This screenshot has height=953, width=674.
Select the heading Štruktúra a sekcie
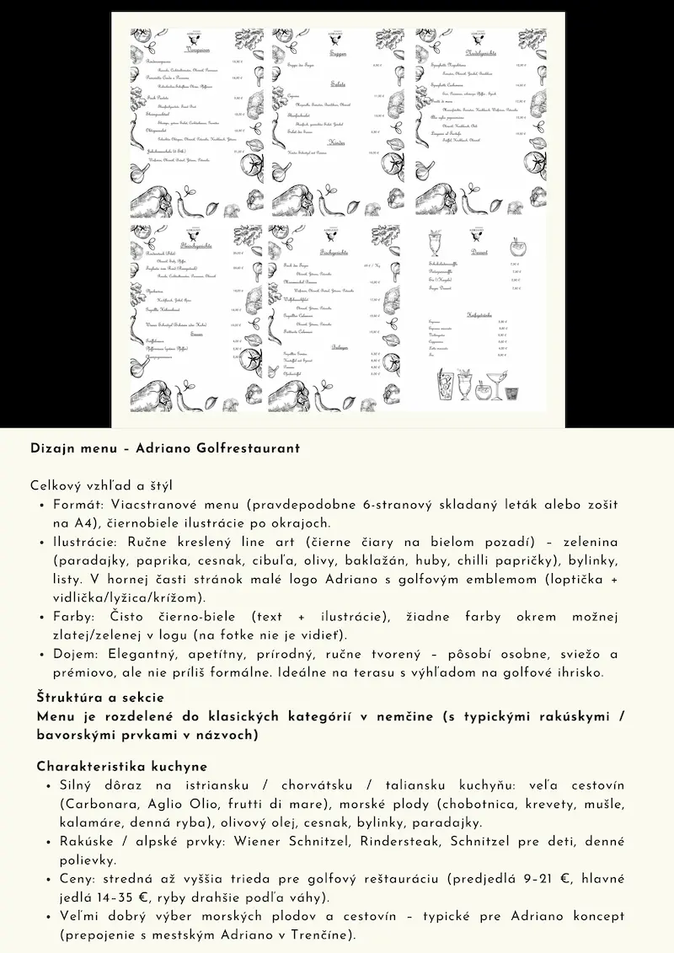(x=100, y=698)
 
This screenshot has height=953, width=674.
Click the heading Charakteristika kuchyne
(x=122, y=767)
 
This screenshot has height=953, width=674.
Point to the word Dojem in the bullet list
(x=74, y=655)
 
